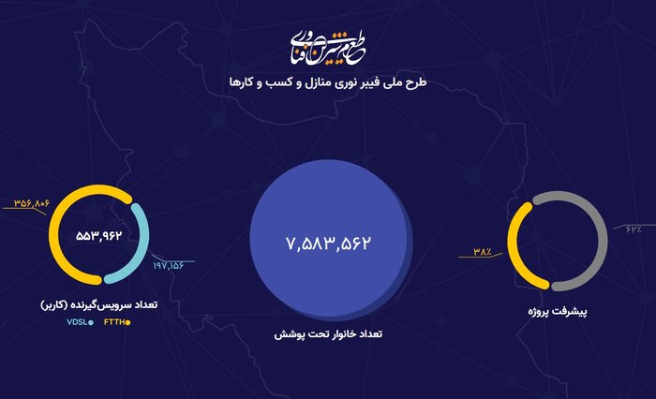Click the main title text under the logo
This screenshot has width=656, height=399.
327,82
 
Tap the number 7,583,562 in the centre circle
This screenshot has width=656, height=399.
328,244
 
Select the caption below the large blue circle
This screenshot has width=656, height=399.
328,333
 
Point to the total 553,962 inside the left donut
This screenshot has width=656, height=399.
100,234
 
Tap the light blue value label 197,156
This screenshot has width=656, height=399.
170,266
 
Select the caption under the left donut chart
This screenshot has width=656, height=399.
98,305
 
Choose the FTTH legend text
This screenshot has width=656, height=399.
113,323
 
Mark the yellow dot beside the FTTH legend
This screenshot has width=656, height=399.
128,323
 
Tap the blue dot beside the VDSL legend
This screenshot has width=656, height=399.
91,323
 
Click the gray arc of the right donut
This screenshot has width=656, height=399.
581,225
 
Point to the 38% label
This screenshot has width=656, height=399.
483,251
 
